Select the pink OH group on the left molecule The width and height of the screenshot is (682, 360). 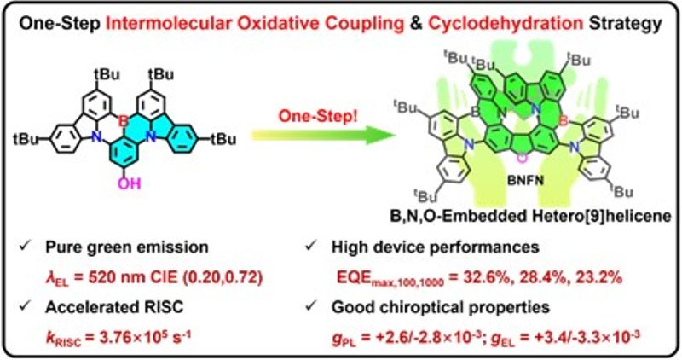(130, 183)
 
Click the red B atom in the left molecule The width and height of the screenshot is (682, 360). (124, 121)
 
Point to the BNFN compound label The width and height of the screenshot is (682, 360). (525, 180)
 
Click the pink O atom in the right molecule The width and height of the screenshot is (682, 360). (522, 159)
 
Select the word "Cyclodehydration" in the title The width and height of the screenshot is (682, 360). (506, 24)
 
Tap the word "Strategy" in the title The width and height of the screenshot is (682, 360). (626, 25)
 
